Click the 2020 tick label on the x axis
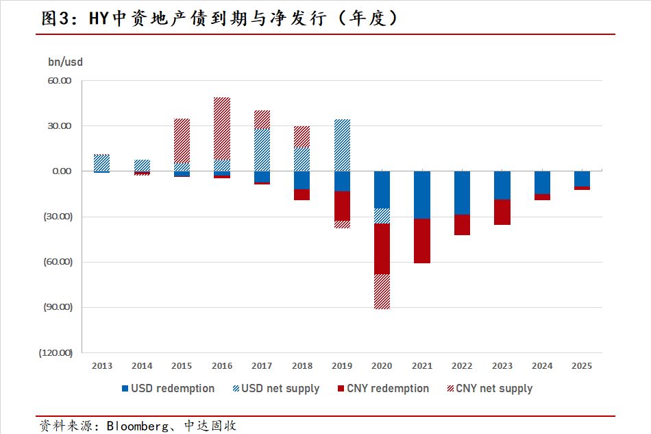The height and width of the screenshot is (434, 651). tap(382, 366)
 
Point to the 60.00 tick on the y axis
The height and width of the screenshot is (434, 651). tap(60, 81)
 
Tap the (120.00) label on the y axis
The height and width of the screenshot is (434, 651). tap(56, 353)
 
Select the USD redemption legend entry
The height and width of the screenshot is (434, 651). tap(168, 389)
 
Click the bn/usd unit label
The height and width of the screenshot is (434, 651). tap(65, 62)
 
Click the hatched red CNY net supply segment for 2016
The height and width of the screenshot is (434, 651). tap(222, 128)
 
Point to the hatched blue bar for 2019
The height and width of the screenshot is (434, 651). tap(341, 145)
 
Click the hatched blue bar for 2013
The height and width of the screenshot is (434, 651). tap(101, 162)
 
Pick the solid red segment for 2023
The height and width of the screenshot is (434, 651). tap(502, 212)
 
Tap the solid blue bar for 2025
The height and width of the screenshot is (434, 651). tap(582, 178)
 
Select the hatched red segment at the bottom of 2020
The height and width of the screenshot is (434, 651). tap(382, 291)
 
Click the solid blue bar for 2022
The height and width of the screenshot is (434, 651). tap(462, 193)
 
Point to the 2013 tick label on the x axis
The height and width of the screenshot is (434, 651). tap(101, 366)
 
